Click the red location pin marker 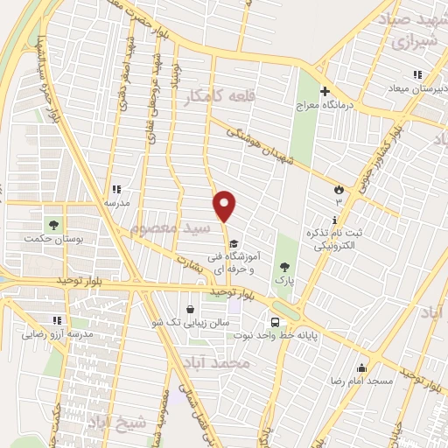225,206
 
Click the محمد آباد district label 219,361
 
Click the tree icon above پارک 282,266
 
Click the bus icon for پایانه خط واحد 275,321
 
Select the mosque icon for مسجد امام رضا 360,367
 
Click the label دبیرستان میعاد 416,88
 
